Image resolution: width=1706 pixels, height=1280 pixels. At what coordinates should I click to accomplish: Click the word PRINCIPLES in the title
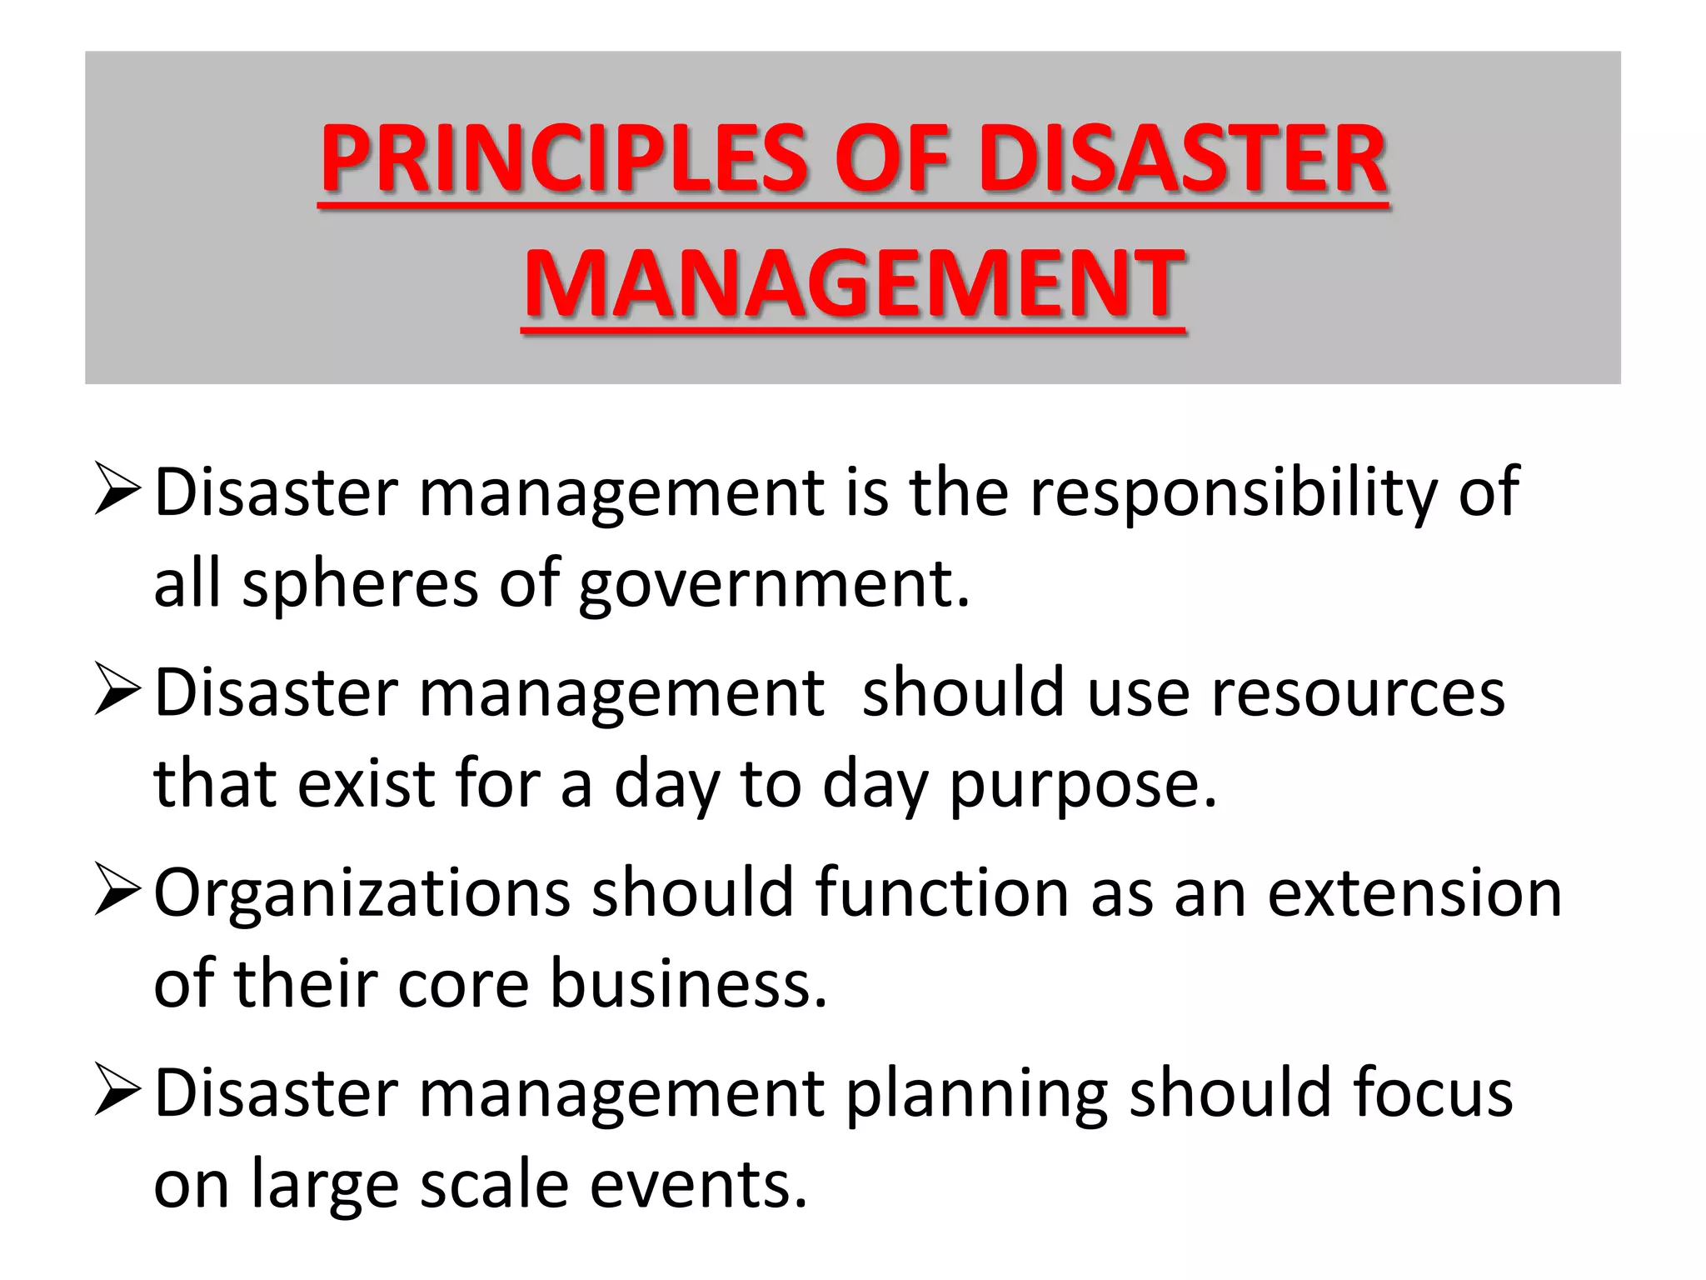click(563, 158)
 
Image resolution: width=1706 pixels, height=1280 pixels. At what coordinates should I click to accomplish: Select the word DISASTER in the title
click(1182, 158)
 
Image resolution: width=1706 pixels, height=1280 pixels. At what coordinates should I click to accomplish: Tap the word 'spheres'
click(360, 583)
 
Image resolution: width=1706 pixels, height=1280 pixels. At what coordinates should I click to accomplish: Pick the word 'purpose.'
click(1083, 787)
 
